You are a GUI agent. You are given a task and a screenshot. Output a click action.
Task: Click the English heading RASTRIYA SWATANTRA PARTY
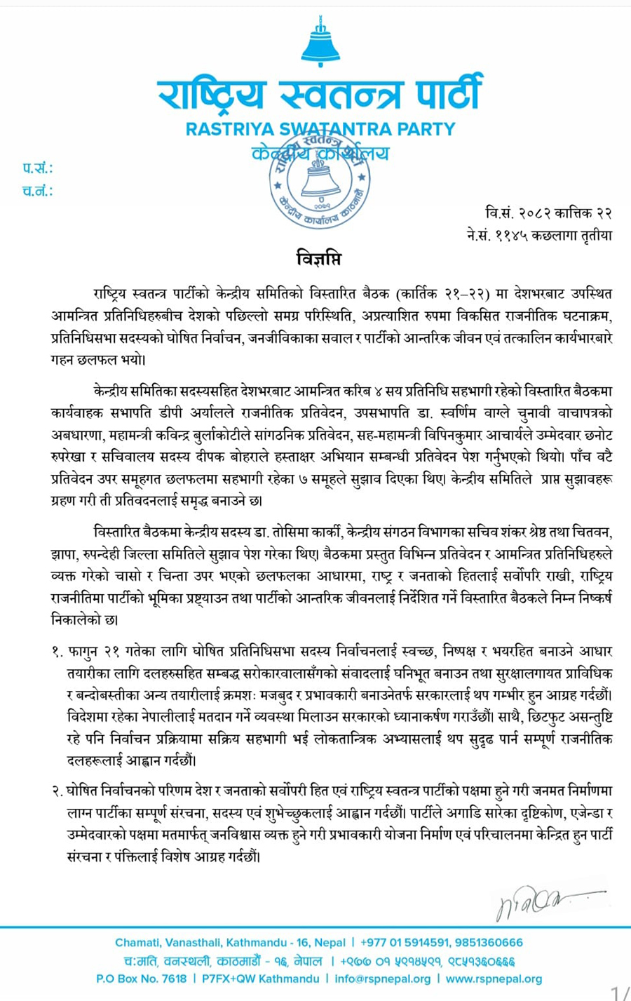320,129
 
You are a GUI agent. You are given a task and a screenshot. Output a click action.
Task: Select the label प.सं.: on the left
37,168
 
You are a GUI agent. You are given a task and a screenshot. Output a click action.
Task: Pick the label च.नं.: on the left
37,191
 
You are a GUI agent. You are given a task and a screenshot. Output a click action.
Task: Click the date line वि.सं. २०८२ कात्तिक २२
548,213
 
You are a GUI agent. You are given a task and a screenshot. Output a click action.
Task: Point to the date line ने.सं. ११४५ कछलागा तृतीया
539,235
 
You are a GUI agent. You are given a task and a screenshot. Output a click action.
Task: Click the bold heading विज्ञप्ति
318,259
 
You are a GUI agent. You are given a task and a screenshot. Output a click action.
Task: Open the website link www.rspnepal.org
494,979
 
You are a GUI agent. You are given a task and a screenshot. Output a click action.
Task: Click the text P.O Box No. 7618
141,979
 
